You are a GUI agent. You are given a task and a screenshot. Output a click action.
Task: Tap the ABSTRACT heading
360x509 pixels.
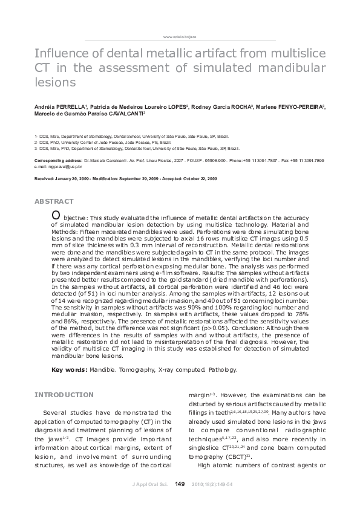(54, 201)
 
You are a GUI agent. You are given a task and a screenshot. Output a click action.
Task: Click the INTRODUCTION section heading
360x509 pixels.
(64, 395)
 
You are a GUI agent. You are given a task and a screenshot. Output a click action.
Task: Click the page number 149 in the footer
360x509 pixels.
(179, 484)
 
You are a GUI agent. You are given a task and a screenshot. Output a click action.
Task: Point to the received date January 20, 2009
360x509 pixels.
(74, 180)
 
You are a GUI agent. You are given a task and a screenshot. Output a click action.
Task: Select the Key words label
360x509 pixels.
(69, 369)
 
